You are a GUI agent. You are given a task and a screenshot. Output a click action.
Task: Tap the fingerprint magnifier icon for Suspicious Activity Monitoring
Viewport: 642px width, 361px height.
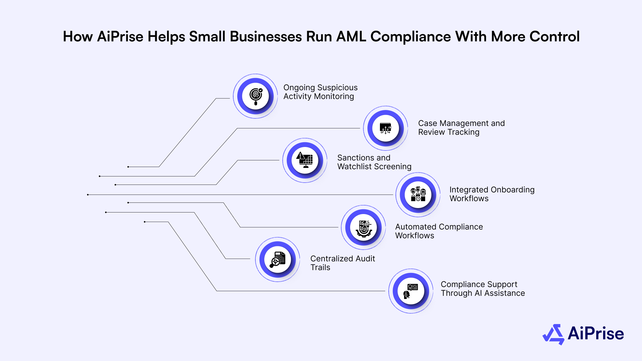pyautogui.click(x=256, y=96)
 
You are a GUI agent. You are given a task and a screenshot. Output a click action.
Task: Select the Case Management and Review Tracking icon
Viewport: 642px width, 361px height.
pyautogui.click(x=386, y=128)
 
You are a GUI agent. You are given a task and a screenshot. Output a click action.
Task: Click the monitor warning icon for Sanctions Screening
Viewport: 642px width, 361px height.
pyautogui.click(x=305, y=160)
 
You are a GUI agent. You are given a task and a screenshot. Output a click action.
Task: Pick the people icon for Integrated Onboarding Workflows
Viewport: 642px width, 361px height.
pyautogui.click(x=418, y=195)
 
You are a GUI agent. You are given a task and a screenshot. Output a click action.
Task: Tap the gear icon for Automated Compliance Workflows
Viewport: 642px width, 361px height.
pyautogui.click(x=364, y=228)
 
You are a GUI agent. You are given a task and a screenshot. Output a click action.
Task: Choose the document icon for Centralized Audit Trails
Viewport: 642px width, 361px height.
pyautogui.click(x=278, y=259)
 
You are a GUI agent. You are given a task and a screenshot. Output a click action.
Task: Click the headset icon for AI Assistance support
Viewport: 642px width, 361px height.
pyautogui.click(x=411, y=291)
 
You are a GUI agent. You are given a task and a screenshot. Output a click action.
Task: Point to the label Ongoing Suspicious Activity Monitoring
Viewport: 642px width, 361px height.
pyautogui.click(x=320, y=92)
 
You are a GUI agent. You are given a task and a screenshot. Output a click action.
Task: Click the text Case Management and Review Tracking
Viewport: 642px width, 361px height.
pyautogui.click(x=461, y=128)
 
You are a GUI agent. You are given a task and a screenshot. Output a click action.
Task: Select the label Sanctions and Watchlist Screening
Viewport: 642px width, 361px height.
pyautogui.click(x=374, y=162)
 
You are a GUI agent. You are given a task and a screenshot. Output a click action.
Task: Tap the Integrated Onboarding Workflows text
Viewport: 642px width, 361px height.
pyautogui.click(x=492, y=194)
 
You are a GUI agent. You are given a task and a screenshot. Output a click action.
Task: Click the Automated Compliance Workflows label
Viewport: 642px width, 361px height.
pyautogui.click(x=439, y=231)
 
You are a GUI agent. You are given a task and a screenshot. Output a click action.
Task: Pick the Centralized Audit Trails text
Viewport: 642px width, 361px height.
pyautogui.click(x=342, y=263)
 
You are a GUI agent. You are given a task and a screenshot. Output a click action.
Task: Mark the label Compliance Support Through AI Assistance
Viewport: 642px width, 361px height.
pyautogui.click(x=482, y=289)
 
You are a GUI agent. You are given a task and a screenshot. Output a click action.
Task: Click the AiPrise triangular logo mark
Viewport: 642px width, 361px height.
pyautogui.click(x=553, y=334)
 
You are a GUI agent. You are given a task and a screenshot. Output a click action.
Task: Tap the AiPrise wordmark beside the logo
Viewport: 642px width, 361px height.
pyautogui.click(x=596, y=333)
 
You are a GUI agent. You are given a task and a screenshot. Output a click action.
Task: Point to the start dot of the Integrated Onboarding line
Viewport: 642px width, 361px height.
pyautogui.click(x=88, y=195)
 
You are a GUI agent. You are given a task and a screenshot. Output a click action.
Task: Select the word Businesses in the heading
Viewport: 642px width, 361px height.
pyautogui.click(x=266, y=37)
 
